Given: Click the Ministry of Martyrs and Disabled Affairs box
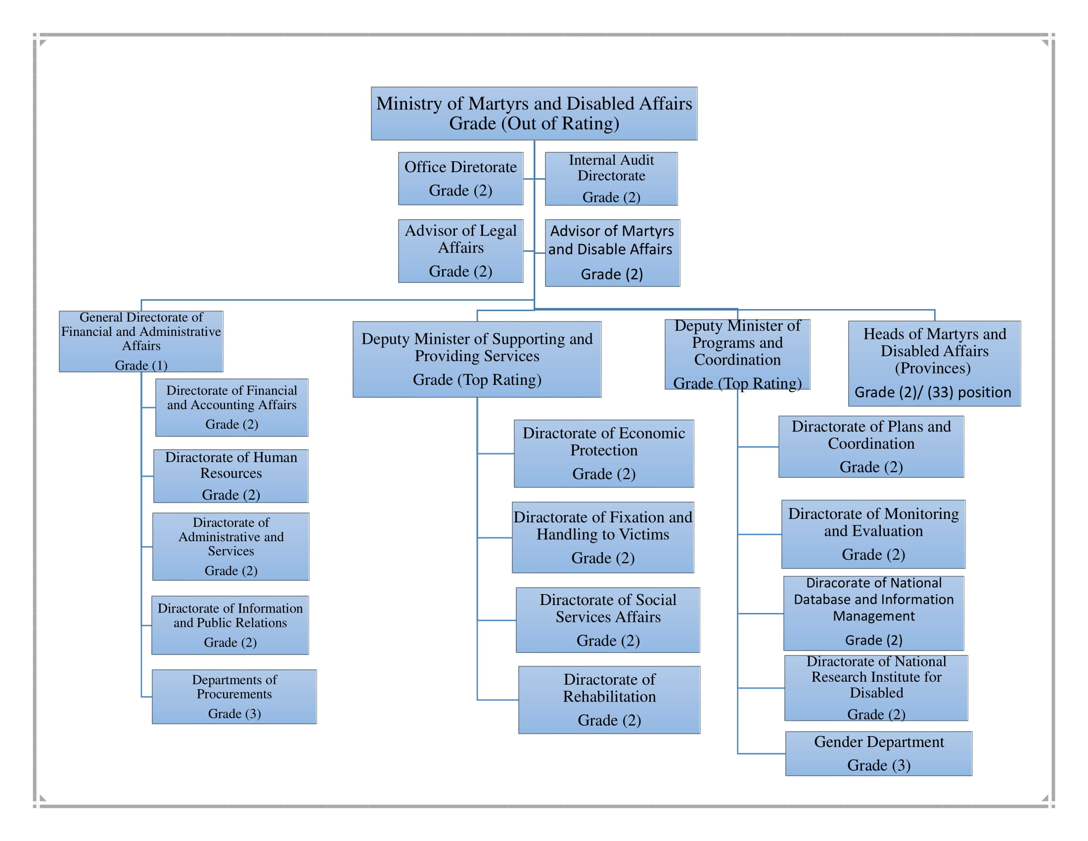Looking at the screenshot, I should coord(534,114).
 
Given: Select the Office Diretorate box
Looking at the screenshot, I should coord(460,179).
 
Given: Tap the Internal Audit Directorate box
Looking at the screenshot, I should coord(611,179).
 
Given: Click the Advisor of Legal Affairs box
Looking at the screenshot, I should coord(460,251).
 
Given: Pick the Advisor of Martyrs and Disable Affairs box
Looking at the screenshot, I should coord(612,253).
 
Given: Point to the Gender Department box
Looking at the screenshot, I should coord(878,753).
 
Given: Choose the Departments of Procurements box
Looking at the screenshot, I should coord(234,696).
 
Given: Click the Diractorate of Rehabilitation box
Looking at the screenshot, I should coord(609,700).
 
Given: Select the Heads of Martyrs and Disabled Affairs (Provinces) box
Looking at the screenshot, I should coord(934,363).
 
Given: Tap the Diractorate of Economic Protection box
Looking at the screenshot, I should coord(603,453).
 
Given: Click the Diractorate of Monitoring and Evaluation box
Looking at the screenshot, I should coord(873,534).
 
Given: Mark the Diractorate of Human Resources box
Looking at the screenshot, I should coord(230,475).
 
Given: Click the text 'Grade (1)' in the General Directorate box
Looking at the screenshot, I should coord(141,365).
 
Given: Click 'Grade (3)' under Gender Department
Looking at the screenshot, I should coord(878,765).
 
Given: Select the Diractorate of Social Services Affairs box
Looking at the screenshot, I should coord(607,620).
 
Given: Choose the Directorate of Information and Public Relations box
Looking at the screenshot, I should coord(229,625).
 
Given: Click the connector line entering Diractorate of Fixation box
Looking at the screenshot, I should coord(495,538).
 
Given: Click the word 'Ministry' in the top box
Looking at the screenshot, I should coord(408,103).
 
